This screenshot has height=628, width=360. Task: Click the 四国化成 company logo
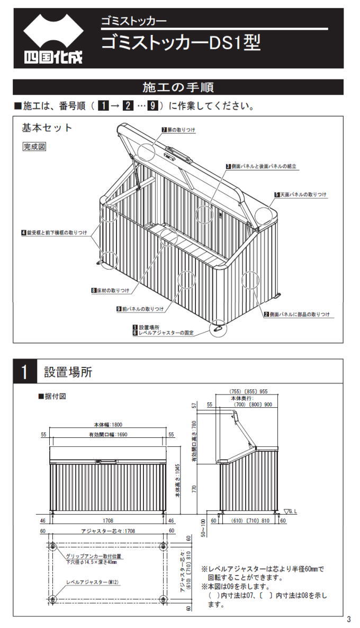click(53, 38)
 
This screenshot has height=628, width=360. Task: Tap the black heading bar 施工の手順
click(178, 87)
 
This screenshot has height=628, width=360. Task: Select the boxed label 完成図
click(34, 147)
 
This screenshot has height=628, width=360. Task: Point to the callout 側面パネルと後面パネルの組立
click(260, 166)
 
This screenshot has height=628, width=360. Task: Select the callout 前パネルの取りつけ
click(140, 309)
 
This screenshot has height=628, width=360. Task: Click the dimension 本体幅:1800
click(110, 425)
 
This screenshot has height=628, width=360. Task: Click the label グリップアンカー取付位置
click(94, 556)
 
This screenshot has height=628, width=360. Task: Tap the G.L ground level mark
click(291, 512)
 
